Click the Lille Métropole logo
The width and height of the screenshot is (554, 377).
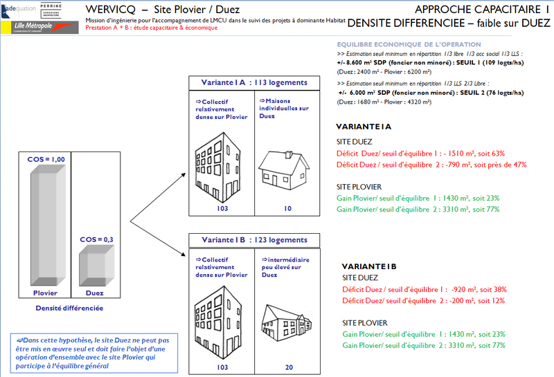click(35, 27)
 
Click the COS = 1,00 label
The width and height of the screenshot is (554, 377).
click(46, 159)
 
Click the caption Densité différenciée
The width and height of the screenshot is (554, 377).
click(69, 307)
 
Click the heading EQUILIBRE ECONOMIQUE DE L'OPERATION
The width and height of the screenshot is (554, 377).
click(393, 44)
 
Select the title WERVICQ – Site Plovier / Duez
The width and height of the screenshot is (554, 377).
click(163, 9)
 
